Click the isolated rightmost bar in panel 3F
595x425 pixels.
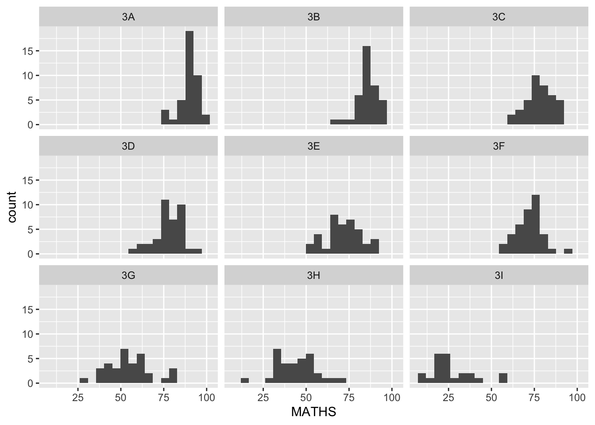tap(568, 251)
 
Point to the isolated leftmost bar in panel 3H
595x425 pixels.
tap(244, 381)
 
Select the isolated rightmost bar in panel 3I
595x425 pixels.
tap(503, 378)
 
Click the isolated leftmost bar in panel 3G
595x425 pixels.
tap(84, 381)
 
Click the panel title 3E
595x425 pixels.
tap(313, 146)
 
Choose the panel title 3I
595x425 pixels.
tap(498, 275)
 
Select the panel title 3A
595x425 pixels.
tap(128, 17)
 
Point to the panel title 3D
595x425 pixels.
tap(128, 146)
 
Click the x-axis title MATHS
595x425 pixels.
tap(313, 412)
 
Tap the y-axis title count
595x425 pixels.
tap(12, 207)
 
